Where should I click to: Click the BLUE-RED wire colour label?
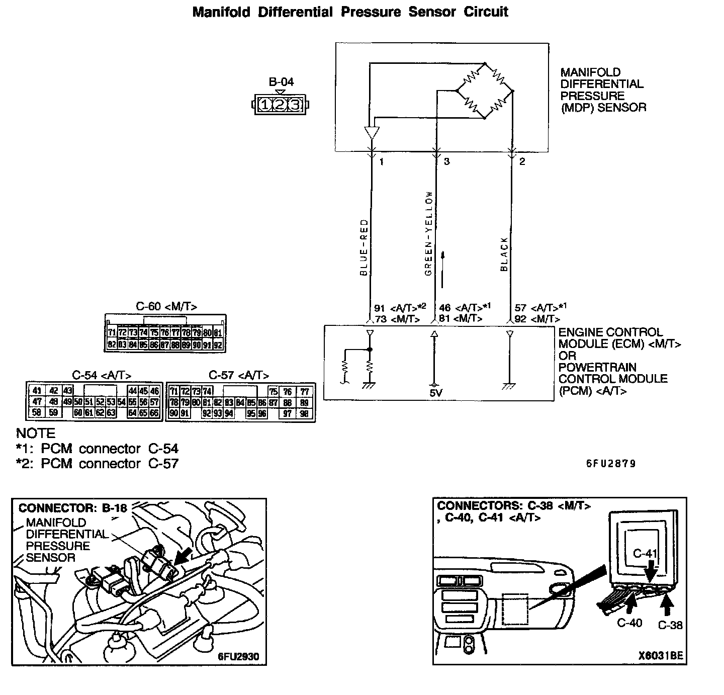click(364, 247)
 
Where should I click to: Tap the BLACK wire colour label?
click(504, 254)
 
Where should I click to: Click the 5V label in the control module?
click(436, 392)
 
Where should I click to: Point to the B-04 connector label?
click(281, 82)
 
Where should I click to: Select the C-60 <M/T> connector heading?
click(166, 306)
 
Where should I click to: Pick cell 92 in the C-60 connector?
click(218, 345)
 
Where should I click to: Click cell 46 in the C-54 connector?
click(155, 391)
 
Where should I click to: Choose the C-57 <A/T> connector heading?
click(238, 375)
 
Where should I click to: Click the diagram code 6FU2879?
click(611, 464)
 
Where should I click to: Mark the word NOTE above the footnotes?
click(35, 433)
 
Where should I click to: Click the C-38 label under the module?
click(670, 625)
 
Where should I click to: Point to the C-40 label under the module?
click(629, 623)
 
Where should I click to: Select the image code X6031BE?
click(661, 656)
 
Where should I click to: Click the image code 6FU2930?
click(238, 656)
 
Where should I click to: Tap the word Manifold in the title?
click(221, 12)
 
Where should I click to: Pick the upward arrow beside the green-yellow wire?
click(443, 270)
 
